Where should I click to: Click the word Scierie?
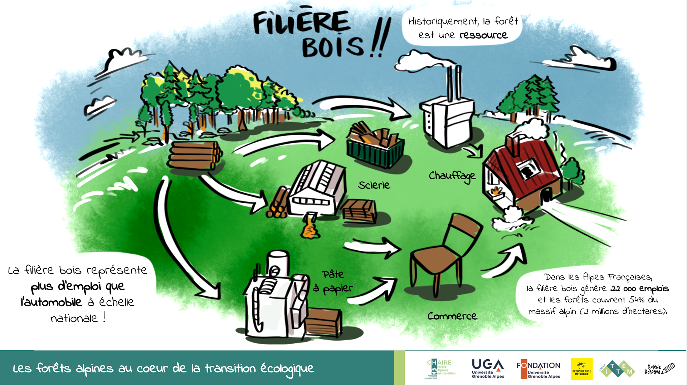[x=374, y=185]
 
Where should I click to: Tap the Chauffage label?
[x=452, y=176]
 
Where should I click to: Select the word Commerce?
[x=452, y=316]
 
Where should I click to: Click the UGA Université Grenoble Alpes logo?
[x=488, y=369]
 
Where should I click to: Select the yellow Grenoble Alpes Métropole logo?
[x=581, y=369]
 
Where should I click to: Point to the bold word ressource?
[x=483, y=35]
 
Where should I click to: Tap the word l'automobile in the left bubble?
[x=51, y=302]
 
